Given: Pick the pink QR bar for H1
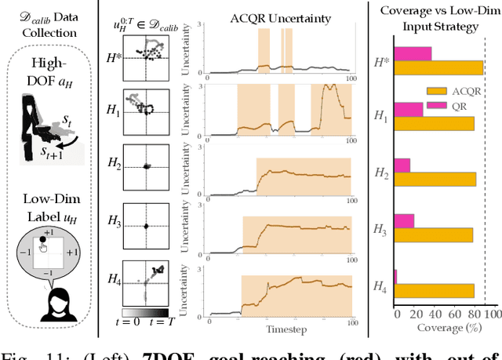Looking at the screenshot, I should (x=408, y=109).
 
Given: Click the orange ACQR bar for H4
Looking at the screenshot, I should (x=434, y=290).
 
